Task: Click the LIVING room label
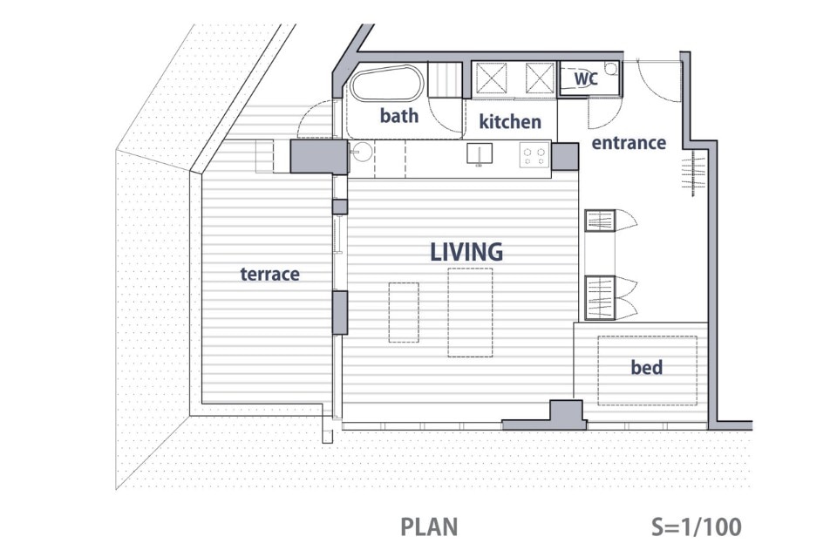pyautogui.click(x=466, y=252)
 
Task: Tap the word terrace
pyautogui.click(x=269, y=275)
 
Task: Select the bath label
pyautogui.click(x=399, y=115)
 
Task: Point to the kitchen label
pyautogui.click(x=510, y=121)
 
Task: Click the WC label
pyautogui.click(x=586, y=78)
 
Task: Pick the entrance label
pyautogui.click(x=629, y=143)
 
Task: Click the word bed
pyautogui.click(x=646, y=367)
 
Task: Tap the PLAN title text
pyautogui.click(x=429, y=527)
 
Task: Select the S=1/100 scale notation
pyautogui.click(x=697, y=527)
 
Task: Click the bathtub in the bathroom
pyautogui.click(x=386, y=83)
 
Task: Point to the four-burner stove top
pyautogui.click(x=534, y=155)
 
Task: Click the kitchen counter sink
pyautogui.click(x=480, y=153)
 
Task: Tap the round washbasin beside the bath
pyautogui.click(x=363, y=152)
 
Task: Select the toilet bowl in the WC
pyautogui.click(x=610, y=68)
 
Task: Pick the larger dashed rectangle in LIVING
pyautogui.click(x=470, y=312)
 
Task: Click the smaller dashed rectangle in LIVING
pyautogui.click(x=404, y=312)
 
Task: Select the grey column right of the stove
pyautogui.click(x=565, y=156)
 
